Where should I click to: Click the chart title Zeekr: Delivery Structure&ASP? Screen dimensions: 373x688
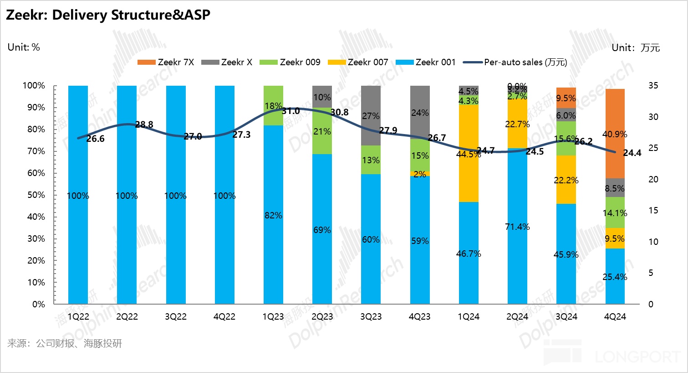coord(108,15)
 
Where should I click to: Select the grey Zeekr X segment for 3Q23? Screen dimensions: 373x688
coord(371,116)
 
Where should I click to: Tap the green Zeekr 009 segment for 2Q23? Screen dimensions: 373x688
coord(322,131)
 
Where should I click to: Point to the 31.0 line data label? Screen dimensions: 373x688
coord(290,111)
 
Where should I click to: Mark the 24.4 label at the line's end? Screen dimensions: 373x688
coord(632,153)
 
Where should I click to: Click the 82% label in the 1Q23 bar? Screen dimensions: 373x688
coord(273,215)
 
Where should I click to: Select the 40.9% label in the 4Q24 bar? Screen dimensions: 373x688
coord(615,134)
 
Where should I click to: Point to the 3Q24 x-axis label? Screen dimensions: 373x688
coord(566,316)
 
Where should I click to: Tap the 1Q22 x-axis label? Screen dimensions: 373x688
coord(78,316)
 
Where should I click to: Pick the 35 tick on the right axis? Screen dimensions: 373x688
coord(653,86)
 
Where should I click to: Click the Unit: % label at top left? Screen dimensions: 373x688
coord(24,47)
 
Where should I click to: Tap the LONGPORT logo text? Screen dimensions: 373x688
coord(637,357)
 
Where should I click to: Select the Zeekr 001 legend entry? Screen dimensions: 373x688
coord(435,62)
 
